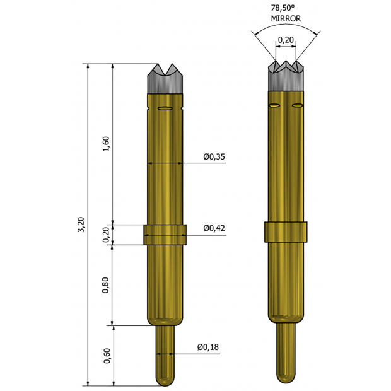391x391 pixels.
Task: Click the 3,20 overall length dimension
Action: pos(80,225)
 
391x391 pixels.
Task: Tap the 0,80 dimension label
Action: pos(106,285)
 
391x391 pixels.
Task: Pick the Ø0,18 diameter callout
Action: pos(207,347)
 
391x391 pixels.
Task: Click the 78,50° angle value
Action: pos(286,9)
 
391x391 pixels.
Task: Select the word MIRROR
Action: pos(286,19)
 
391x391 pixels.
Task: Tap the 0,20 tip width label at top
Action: pos(286,40)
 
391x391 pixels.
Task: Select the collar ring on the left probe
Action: pos(165,235)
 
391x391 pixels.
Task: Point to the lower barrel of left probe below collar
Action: pos(165,284)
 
